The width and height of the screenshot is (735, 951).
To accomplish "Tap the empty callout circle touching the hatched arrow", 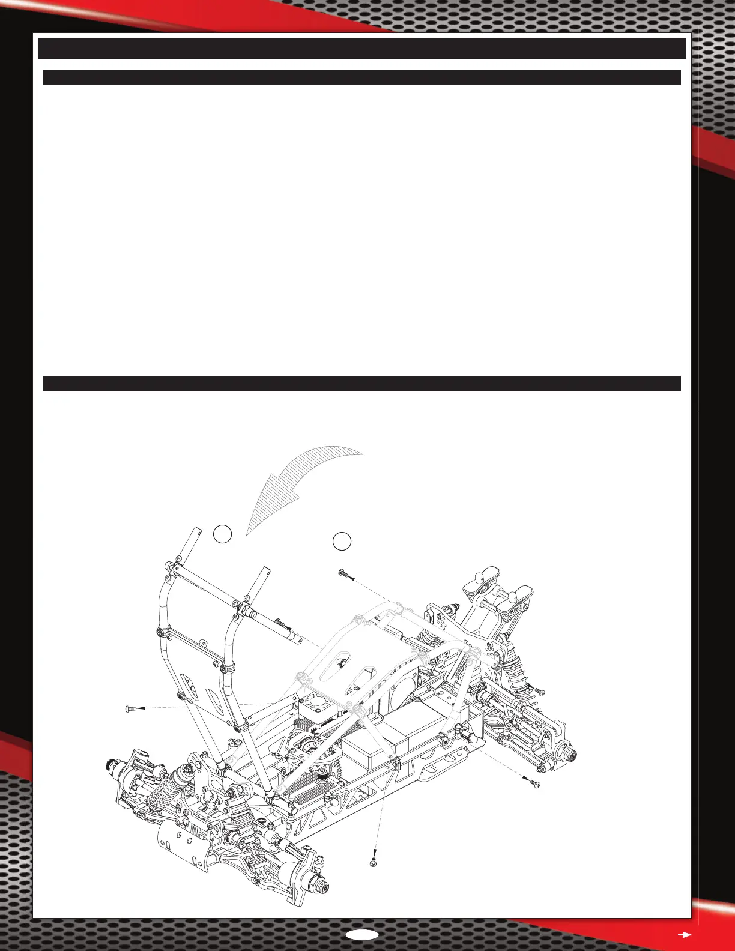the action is [x=222, y=534].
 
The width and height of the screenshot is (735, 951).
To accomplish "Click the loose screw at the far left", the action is [x=131, y=709].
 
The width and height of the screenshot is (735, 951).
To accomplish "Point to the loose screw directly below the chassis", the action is [x=374, y=863].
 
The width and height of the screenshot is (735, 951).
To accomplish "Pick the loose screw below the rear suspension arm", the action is [x=534, y=783].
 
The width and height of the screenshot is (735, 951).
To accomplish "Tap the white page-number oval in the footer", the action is [x=362, y=934].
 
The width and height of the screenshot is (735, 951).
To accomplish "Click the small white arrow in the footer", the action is [x=685, y=934].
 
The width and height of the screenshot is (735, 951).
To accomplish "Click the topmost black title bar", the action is [x=362, y=48].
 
